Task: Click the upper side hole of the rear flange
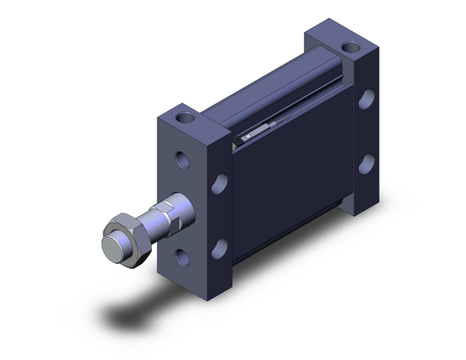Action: (x=366, y=100)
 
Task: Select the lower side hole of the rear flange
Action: (x=367, y=163)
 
